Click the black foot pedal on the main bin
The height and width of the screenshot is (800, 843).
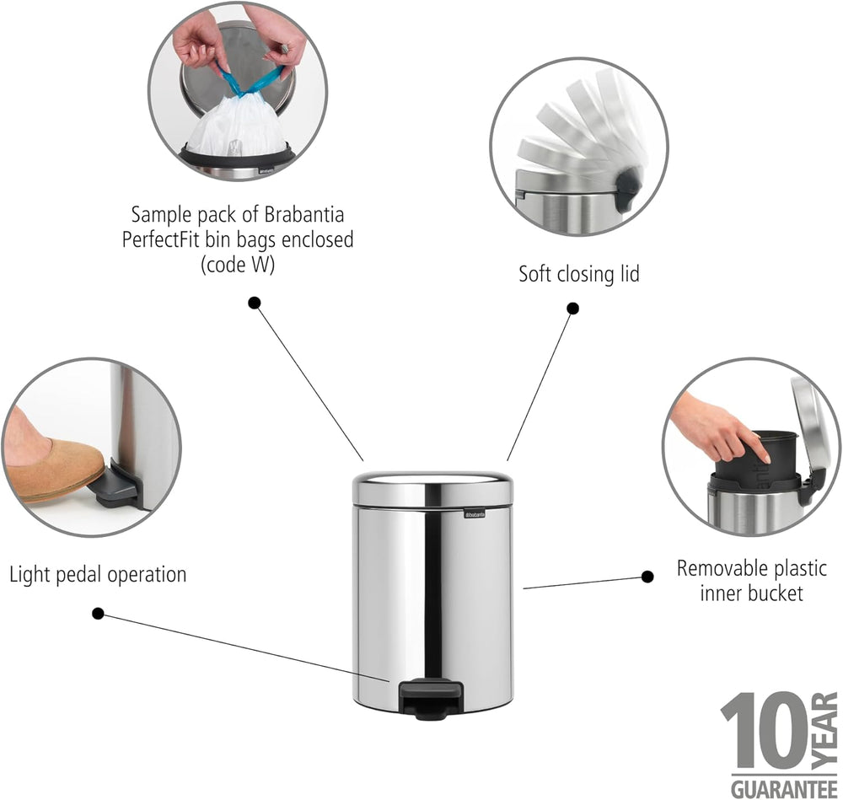(x=431, y=698)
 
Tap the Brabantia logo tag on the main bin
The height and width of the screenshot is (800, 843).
(x=475, y=514)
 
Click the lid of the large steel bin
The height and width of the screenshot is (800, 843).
(x=432, y=489)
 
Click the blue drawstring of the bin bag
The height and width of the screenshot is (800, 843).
(x=250, y=81)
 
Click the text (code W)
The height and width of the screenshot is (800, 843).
(x=238, y=265)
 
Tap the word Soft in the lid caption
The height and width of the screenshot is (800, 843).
(x=535, y=274)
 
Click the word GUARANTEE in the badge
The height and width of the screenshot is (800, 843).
(x=784, y=789)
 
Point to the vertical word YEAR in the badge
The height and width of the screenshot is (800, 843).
(x=825, y=730)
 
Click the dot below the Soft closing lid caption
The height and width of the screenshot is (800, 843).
(x=573, y=309)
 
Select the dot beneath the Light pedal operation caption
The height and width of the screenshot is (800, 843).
(x=98, y=614)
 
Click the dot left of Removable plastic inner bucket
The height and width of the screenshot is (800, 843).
(x=647, y=577)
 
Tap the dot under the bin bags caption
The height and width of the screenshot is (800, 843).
(x=255, y=303)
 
